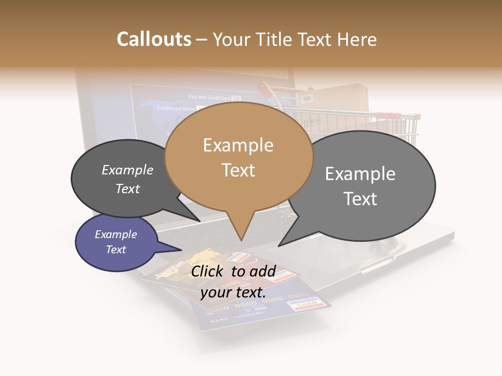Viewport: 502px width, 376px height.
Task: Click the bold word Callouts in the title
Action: click(x=154, y=39)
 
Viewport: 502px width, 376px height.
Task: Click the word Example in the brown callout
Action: click(x=238, y=145)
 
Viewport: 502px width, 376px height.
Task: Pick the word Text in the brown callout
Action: click(x=238, y=170)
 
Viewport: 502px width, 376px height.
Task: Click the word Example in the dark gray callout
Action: click(x=128, y=170)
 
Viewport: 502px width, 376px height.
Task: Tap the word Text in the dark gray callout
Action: click(x=128, y=189)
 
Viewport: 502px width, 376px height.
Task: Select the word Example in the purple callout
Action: click(x=116, y=234)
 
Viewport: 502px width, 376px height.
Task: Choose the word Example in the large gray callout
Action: click(x=360, y=174)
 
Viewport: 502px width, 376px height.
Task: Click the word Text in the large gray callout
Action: click(x=360, y=199)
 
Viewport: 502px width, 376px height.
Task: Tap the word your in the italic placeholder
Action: click(x=215, y=292)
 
